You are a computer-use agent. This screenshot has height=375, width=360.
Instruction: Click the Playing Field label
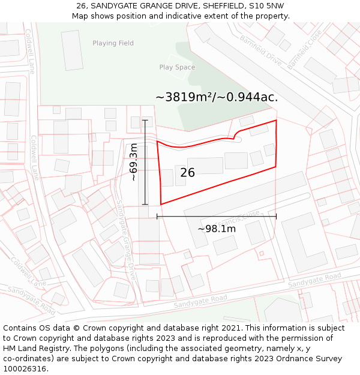(113, 43)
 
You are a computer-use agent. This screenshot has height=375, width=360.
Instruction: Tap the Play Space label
(177, 67)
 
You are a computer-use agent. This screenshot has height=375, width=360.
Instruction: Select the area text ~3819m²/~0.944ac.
(217, 97)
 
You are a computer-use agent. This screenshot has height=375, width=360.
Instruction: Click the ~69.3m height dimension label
(134, 162)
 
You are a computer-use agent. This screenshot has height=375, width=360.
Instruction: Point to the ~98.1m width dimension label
(217, 229)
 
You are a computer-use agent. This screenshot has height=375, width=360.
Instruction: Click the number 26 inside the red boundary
(187, 173)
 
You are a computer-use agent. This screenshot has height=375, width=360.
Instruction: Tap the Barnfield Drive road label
(261, 50)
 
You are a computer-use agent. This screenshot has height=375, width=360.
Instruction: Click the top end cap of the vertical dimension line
(145, 120)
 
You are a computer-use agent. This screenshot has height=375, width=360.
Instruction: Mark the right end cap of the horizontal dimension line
(276, 216)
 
